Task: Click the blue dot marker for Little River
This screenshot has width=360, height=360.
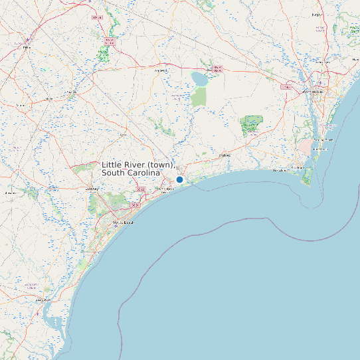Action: tap(179, 179)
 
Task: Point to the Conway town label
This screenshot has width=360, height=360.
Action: tap(92, 189)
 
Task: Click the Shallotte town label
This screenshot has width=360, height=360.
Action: tap(225, 155)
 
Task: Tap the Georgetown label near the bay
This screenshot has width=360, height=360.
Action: tap(43, 300)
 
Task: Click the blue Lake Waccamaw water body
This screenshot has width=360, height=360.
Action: tap(199, 79)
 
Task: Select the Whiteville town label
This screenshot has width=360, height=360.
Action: tap(161, 70)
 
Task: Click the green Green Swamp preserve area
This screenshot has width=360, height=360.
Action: tap(252, 126)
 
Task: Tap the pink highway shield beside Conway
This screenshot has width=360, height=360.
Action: tap(140, 190)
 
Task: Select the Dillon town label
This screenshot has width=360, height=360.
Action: tap(27, 47)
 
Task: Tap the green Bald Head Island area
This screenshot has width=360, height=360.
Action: tap(307, 177)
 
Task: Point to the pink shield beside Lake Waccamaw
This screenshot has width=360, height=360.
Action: tap(217, 68)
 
